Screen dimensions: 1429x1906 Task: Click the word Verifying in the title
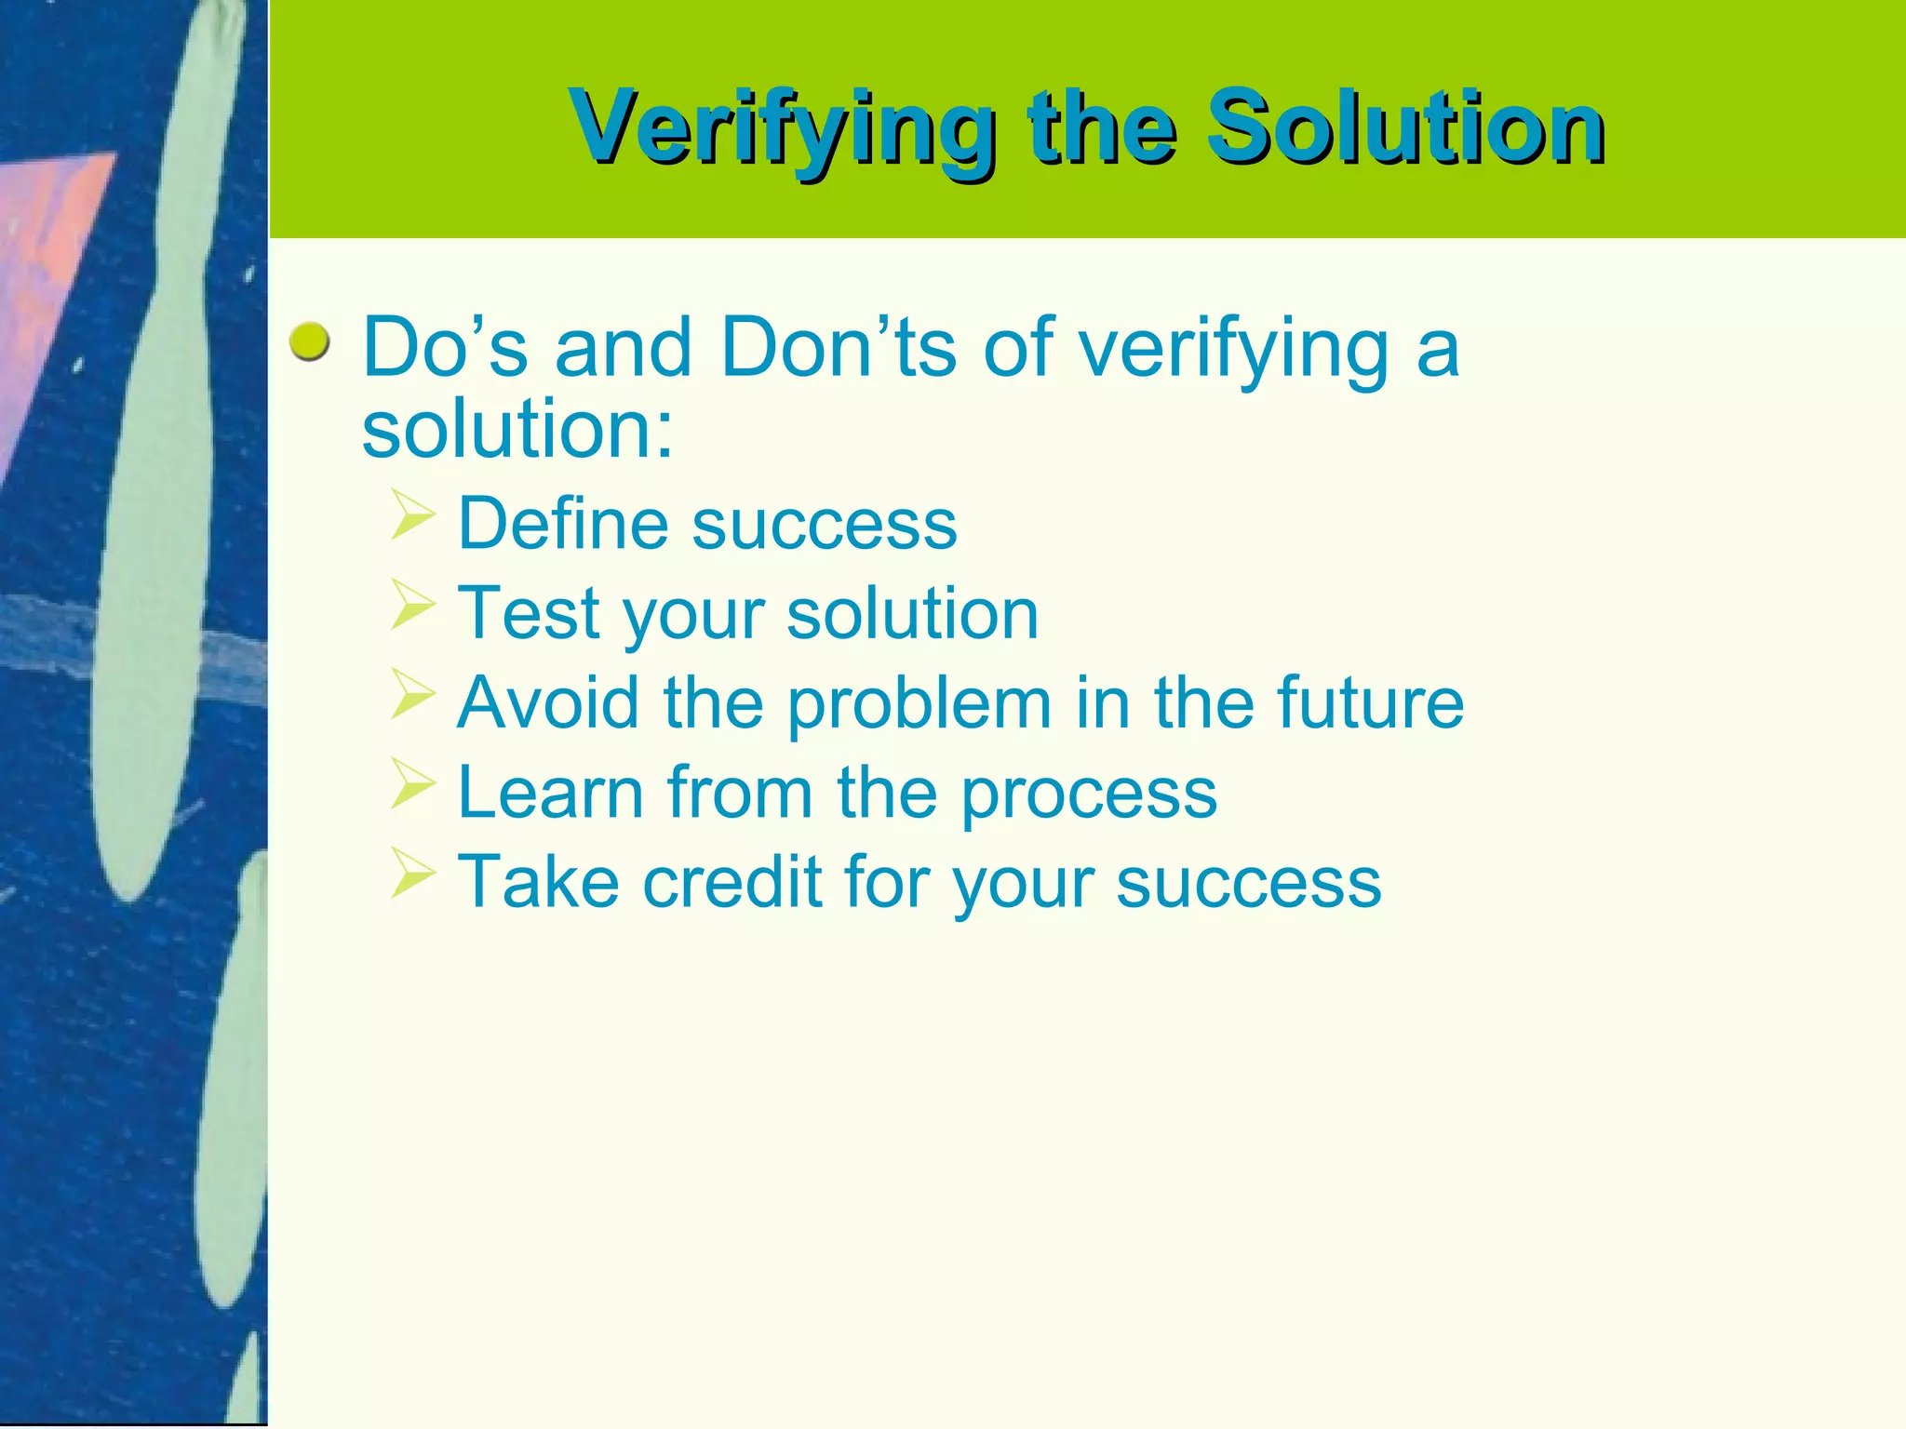pos(782,128)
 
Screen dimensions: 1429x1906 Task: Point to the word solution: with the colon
pos(517,429)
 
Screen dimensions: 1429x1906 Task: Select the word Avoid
pos(548,702)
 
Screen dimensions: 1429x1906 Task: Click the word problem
pos(919,705)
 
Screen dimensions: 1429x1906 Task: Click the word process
pos(1088,795)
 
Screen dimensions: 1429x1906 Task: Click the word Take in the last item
pos(538,882)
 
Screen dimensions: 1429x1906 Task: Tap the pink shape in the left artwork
pos(47,270)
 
